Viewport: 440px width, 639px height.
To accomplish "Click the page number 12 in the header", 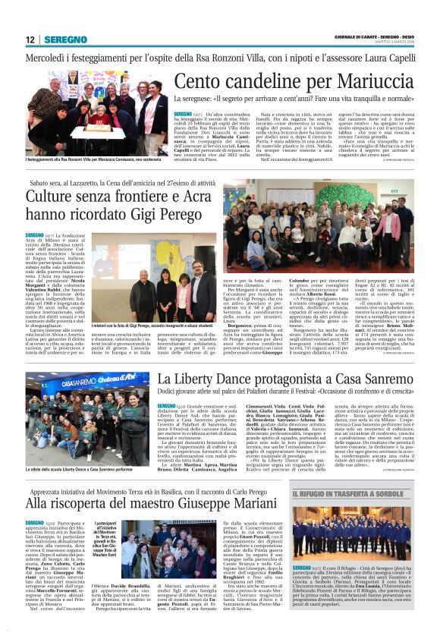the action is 30,39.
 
